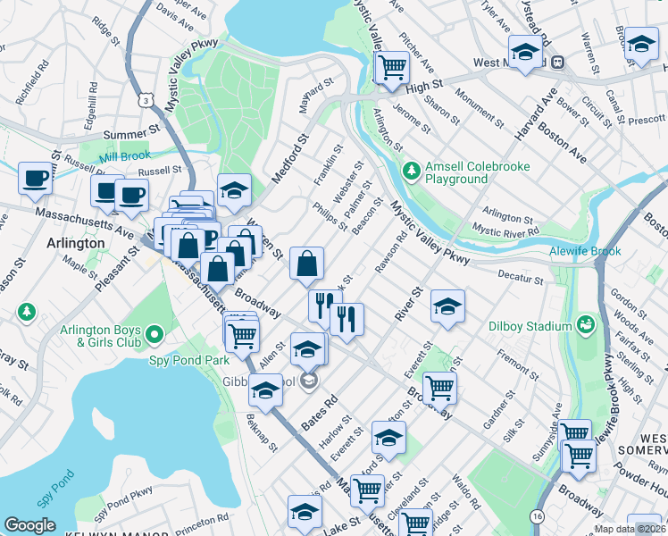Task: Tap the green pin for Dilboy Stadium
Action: point(586,323)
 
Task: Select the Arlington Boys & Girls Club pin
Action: point(154,335)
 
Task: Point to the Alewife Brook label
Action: point(585,251)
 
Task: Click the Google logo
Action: point(29,525)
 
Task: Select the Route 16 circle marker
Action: point(537,516)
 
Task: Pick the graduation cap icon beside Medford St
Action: point(234,190)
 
